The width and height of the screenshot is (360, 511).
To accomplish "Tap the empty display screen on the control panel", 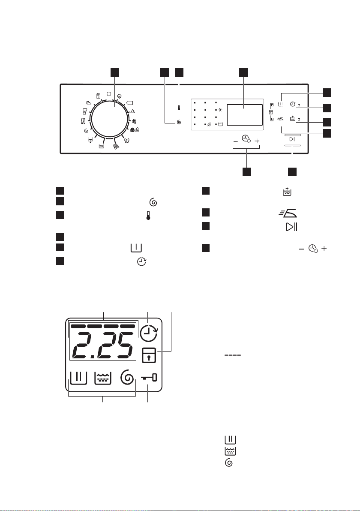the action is pyautogui.click(x=244, y=115).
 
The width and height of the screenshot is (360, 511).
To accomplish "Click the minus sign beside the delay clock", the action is pyautogui.click(x=236, y=141).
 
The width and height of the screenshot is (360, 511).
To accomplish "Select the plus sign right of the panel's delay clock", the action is pyautogui.click(x=257, y=141).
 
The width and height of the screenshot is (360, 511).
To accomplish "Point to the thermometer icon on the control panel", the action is pyautogui.click(x=179, y=108).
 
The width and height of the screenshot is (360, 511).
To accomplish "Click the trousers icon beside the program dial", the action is pyautogui.click(x=83, y=121).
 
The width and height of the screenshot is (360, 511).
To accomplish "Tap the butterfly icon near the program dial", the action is pyautogui.click(x=126, y=141).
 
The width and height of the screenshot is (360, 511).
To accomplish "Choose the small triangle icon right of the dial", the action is pyautogui.click(x=132, y=111).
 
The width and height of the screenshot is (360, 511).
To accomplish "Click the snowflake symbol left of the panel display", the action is pyautogui.click(x=220, y=110).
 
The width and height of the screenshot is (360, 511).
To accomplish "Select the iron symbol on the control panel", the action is pyautogui.click(x=280, y=119).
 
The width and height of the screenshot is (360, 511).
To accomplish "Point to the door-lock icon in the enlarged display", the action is pyautogui.click(x=149, y=355).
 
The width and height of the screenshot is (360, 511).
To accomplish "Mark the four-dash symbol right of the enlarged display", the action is pyautogui.click(x=233, y=355).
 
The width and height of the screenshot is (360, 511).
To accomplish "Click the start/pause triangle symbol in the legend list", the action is pyautogui.click(x=291, y=227).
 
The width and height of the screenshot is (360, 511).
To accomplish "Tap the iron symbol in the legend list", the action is pyautogui.click(x=288, y=213).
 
